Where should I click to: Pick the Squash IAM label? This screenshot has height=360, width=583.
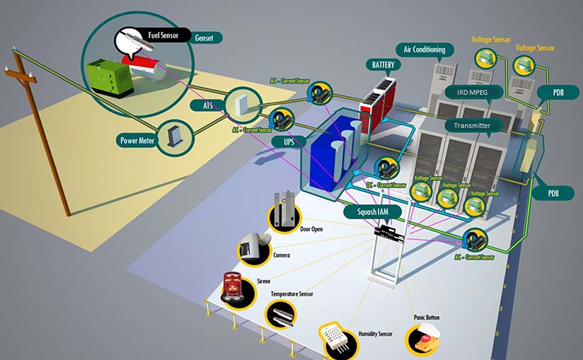pyautogui.click(x=370, y=210)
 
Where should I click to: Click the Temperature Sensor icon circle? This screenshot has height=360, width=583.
pyautogui.click(x=281, y=312)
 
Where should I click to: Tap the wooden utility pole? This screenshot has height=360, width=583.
pyautogui.click(x=45, y=134)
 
